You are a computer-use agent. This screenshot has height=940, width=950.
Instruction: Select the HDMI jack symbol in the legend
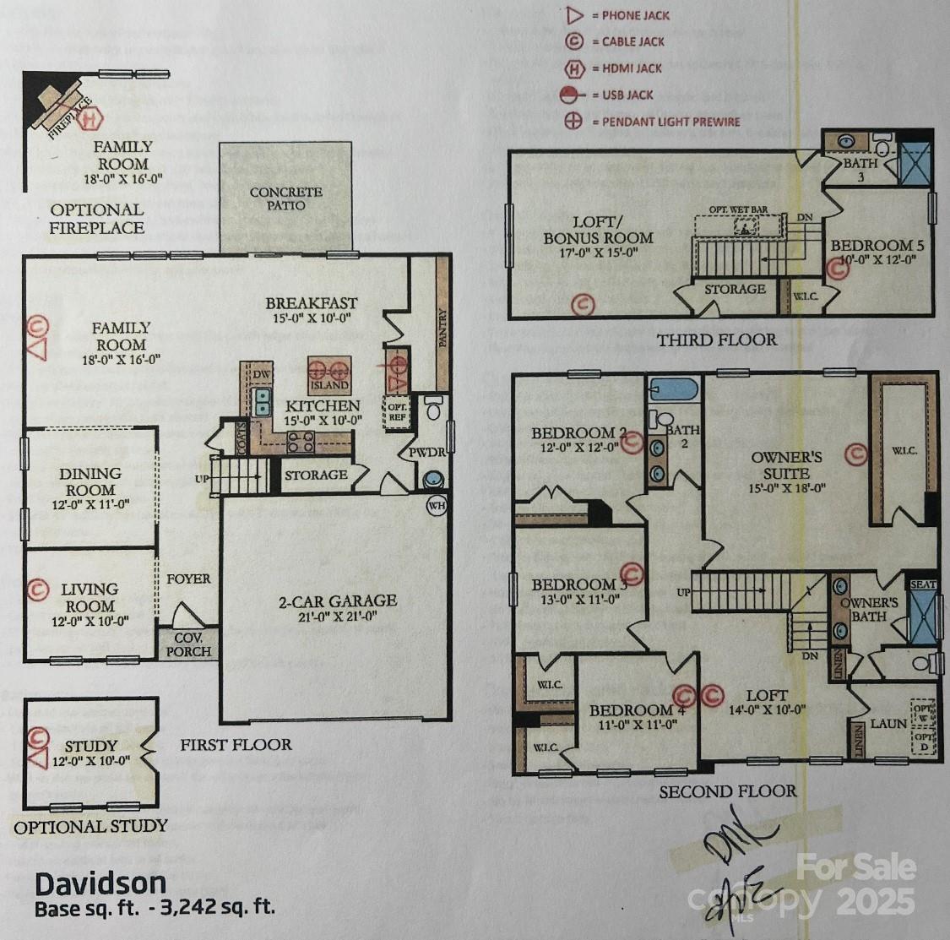(x=573, y=68)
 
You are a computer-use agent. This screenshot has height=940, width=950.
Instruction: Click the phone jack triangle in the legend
(x=573, y=15)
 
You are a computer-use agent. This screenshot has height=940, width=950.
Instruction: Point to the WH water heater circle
(x=437, y=506)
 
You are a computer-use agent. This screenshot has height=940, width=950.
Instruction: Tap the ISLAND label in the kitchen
(x=328, y=385)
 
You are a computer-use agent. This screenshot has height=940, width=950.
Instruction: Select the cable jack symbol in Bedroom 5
(x=837, y=269)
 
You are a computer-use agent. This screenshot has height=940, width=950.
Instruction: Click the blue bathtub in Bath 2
(x=674, y=389)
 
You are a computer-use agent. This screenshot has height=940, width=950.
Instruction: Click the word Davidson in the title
(x=100, y=884)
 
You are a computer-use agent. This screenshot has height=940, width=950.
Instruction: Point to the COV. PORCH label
(x=187, y=646)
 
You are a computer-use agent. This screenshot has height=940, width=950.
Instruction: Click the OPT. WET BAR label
(x=730, y=208)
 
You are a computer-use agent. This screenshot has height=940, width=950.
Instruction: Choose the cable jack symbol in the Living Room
(x=37, y=590)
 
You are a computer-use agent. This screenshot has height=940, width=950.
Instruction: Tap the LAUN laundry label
(x=888, y=724)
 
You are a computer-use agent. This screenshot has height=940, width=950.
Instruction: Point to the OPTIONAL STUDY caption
(x=90, y=827)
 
